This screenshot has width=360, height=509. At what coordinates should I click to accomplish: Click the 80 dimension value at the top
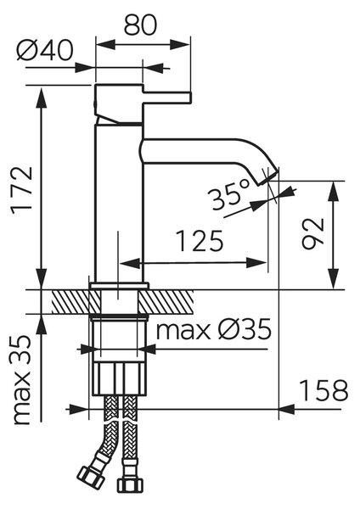click(x=140, y=25)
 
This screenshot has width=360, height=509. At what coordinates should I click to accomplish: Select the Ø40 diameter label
click(x=45, y=50)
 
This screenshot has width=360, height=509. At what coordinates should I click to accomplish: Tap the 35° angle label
click(x=231, y=195)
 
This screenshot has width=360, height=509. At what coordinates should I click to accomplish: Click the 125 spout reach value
click(x=200, y=241)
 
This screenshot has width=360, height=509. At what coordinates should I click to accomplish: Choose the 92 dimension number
click(x=313, y=234)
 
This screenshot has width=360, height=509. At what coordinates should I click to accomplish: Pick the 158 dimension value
click(x=323, y=390)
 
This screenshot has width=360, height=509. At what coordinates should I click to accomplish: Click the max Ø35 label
click(x=213, y=330)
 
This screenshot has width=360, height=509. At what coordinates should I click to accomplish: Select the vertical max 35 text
click(x=22, y=380)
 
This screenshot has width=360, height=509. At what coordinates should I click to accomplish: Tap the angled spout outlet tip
click(x=269, y=178)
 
